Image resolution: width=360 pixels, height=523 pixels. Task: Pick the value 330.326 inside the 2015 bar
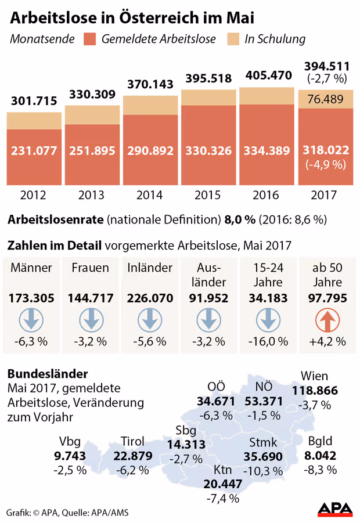[x=208, y=150]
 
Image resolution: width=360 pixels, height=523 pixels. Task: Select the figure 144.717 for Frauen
[x=92, y=298]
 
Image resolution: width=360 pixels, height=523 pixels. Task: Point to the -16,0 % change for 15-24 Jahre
[x=267, y=341]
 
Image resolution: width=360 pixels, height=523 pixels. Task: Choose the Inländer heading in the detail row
[x=150, y=268]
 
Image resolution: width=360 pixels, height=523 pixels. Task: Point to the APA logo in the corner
[x=334, y=509]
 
